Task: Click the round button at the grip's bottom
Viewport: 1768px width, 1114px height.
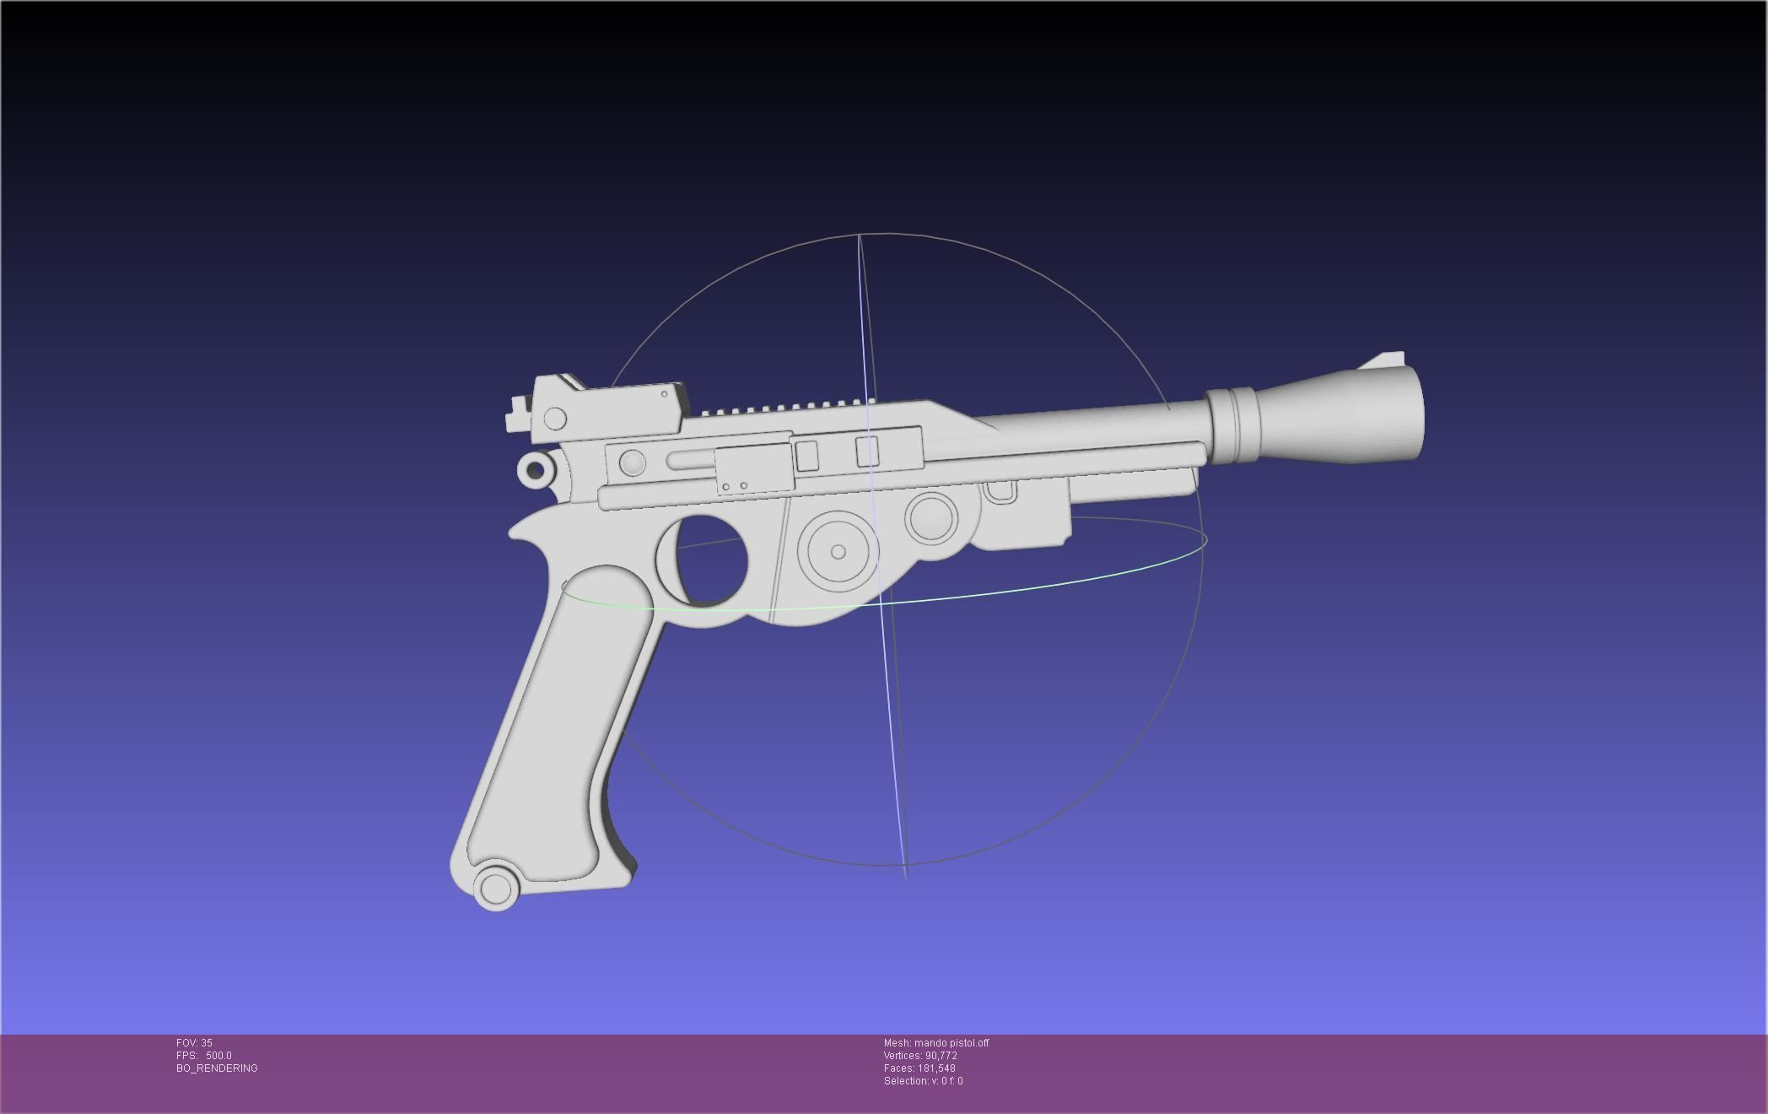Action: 495,888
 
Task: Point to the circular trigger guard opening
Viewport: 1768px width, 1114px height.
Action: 712,561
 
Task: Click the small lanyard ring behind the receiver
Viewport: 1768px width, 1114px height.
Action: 535,469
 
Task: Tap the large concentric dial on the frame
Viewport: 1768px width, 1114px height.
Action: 838,552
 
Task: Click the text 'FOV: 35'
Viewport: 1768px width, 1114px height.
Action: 194,1043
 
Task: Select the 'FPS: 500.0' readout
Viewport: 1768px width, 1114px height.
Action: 203,1056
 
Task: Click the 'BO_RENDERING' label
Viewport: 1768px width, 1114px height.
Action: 217,1068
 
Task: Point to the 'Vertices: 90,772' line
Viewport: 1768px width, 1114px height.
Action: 920,1056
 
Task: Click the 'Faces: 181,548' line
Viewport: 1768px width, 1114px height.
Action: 919,1068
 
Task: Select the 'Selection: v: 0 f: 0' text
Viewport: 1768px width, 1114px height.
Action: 923,1081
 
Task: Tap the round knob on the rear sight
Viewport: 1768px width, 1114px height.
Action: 555,419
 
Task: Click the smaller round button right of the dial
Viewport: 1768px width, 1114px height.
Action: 931,516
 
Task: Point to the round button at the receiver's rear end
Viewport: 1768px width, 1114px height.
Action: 632,462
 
